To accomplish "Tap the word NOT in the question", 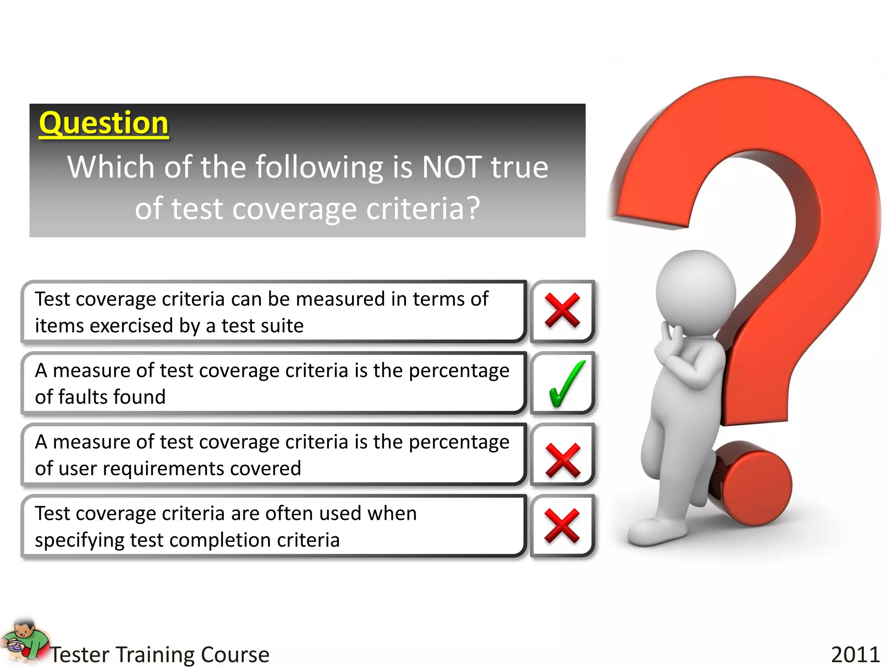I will point(452,168).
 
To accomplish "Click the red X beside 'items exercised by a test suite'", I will point(562,310).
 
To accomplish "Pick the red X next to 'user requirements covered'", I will point(562,460).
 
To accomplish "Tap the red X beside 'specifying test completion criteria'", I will point(561,526).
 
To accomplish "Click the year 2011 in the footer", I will point(855,654).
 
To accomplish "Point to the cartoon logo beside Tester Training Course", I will point(25,642).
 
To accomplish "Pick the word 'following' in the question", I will point(319,168).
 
